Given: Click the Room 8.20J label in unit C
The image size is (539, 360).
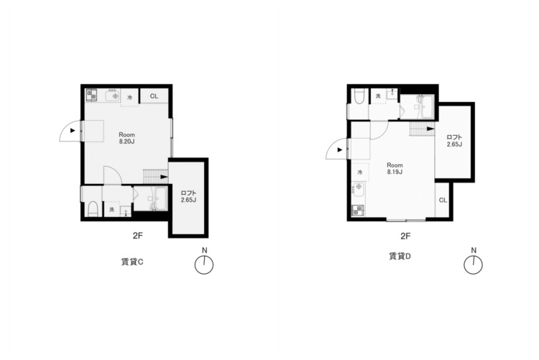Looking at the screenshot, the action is coord(126,138).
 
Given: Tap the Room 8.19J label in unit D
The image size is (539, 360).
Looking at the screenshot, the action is coord(395,168).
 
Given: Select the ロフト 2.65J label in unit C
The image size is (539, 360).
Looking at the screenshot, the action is coord(188,197).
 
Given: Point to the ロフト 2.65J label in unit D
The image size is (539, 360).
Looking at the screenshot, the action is coord(454,141).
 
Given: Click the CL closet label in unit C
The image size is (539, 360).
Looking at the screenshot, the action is coord(154,96).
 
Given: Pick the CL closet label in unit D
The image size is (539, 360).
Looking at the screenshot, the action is coord(443,200).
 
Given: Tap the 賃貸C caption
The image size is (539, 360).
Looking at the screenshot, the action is coord(132,262).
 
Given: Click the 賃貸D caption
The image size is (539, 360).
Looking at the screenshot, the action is coord(400,256).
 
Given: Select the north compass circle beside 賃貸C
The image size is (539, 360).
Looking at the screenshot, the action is coord(204,265).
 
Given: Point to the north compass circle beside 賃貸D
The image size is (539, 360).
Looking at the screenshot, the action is coord(473,265).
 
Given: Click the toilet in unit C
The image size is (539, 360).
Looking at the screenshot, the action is coord(93,209).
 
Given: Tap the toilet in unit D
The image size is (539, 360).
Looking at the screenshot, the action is coord(359,96).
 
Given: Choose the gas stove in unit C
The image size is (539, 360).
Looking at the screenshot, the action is coord(91,95).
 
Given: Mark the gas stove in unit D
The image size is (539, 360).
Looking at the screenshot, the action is coord(358,210).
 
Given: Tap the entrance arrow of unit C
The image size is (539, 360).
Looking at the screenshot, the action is coord(73,131).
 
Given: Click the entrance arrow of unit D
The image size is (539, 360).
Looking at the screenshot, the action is coord(340,150).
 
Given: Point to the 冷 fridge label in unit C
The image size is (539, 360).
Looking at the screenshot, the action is coord(129,98).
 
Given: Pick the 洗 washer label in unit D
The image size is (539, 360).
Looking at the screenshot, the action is coord(378,96).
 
